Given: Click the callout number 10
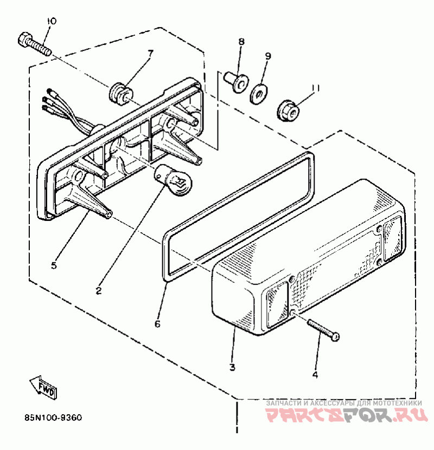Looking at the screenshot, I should [x=51, y=21].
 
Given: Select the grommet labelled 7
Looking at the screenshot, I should [x=119, y=94].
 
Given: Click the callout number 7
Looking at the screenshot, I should [x=150, y=53].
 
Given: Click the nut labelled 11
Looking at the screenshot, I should [x=288, y=110].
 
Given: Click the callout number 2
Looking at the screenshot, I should [x=98, y=290].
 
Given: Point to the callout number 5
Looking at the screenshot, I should [x=53, y=265].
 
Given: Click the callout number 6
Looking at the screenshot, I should [x=157, y=324].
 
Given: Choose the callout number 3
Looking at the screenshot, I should [x=232, y=367].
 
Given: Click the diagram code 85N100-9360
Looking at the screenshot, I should [x=53, y=419].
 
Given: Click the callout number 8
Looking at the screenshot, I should [x=241, y=41].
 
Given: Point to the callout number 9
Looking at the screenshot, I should [x=267, y=56].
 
